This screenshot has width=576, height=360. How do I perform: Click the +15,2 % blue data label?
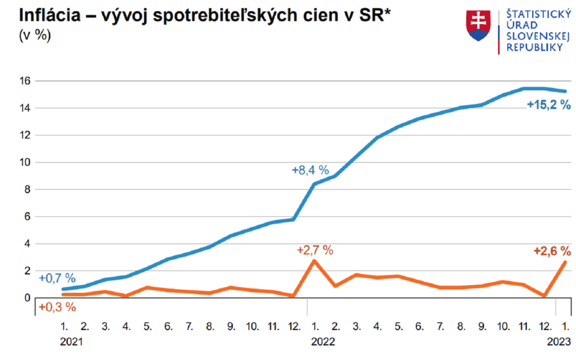point(549,105)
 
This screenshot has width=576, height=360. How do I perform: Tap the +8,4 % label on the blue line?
point(310,170)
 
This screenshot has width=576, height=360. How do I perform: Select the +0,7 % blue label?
point(57,278)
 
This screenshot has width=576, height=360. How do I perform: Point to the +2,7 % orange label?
point(315,250)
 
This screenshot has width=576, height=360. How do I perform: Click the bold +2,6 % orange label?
point(549,251)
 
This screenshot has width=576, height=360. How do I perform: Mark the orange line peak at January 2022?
point(314,261)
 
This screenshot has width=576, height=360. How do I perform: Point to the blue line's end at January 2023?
point(564,91)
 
